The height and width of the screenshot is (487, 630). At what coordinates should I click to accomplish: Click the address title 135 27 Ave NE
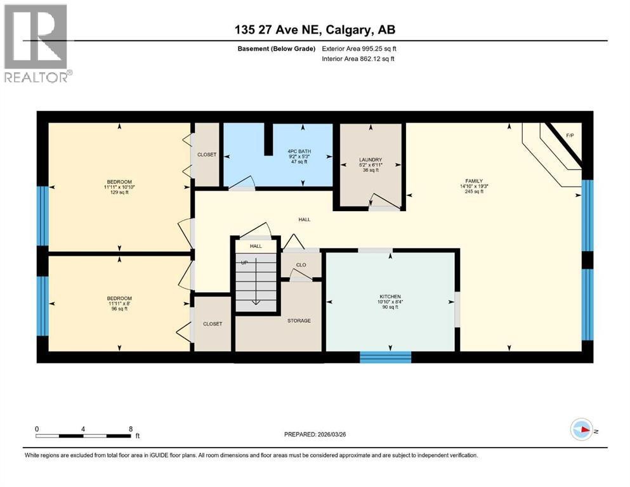tap(315, 29)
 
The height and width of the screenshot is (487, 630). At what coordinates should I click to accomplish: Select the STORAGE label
tap(298, 321)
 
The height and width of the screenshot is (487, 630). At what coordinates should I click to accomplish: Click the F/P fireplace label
tap(569, 136)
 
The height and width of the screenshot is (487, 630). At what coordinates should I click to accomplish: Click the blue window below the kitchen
tap(385, 357)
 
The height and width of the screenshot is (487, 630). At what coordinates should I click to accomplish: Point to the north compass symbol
tap(582, 429)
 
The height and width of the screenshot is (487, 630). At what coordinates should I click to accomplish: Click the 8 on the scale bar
tap(130, 429)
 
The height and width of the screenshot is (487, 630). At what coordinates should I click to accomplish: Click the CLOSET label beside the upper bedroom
tap(206, 155)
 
